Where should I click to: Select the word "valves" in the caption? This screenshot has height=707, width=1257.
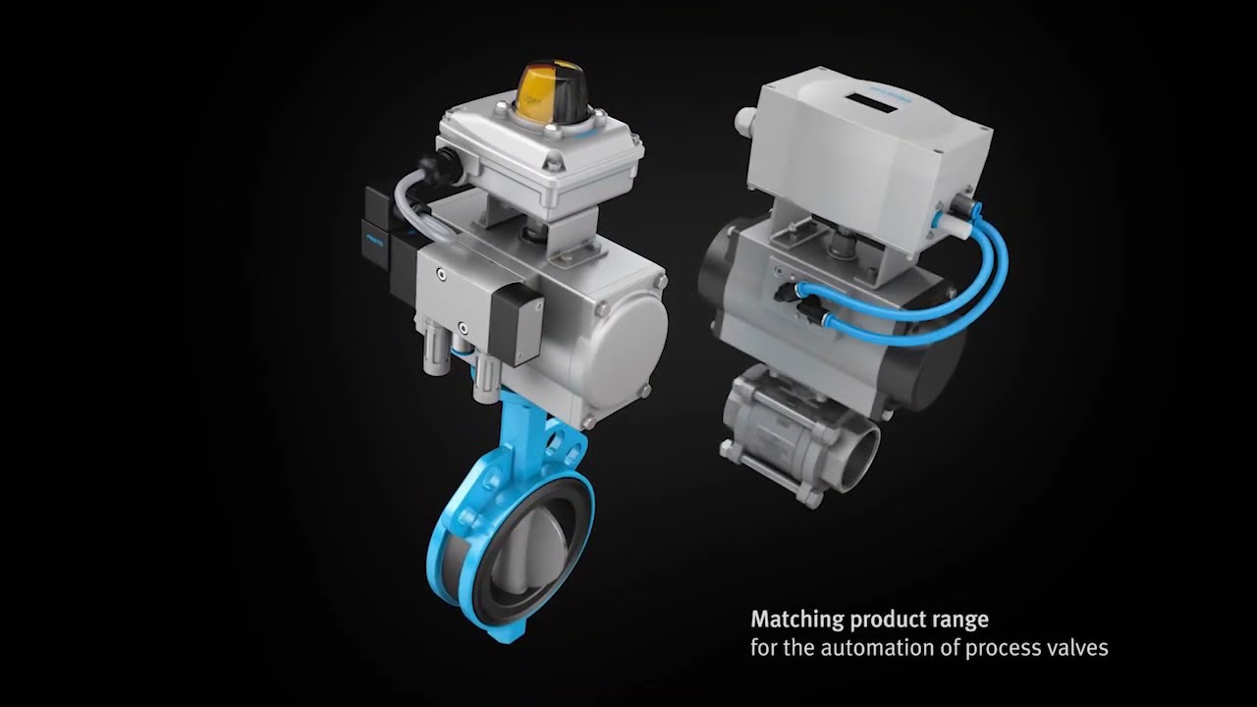(x=1078, y=648)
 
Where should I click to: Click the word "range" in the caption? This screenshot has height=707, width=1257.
(x=958, y=620)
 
